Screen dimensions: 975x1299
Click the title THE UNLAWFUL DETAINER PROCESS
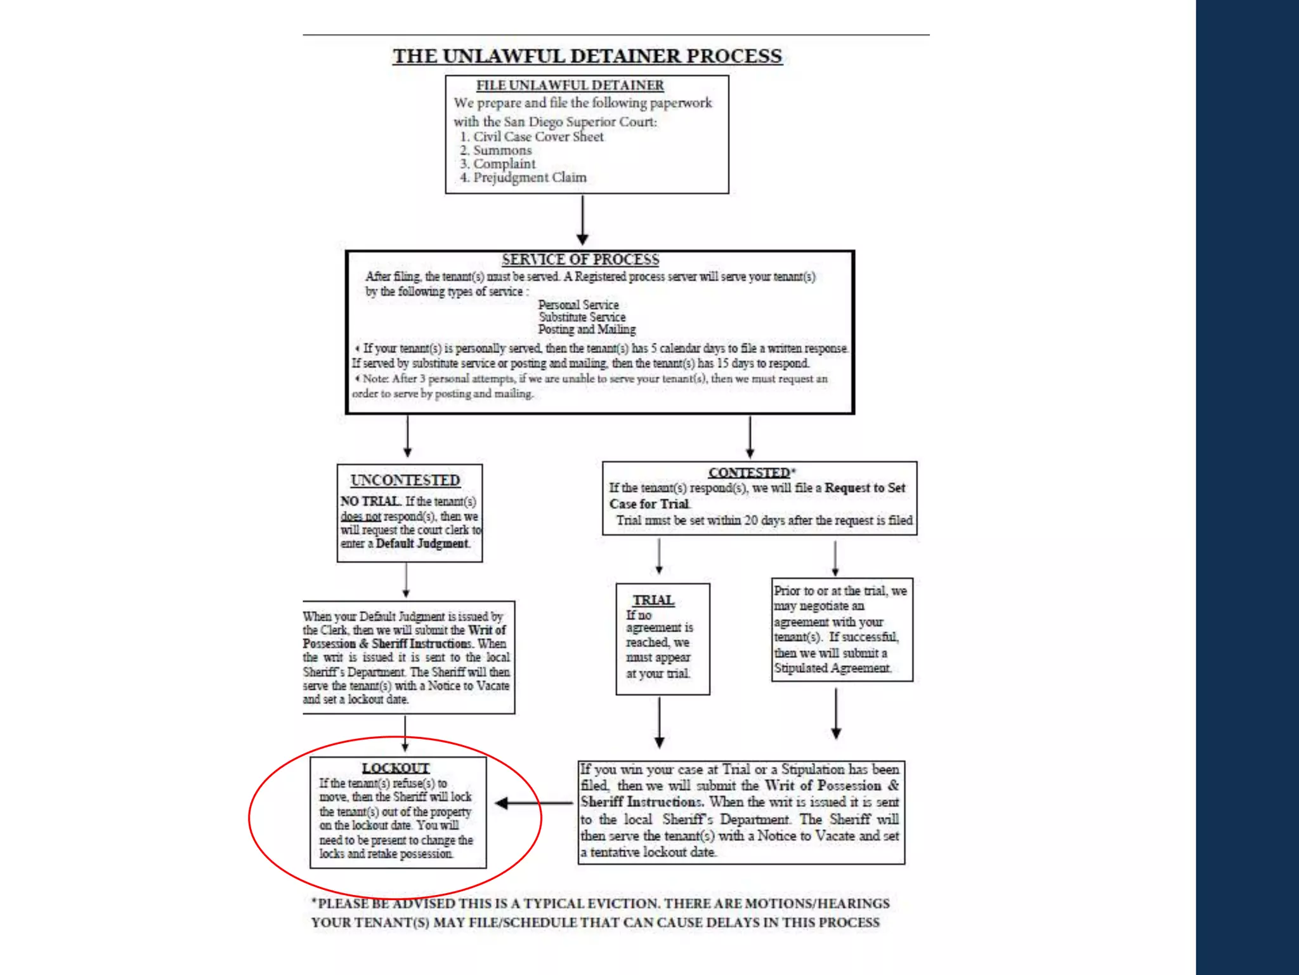[x=587, y=56]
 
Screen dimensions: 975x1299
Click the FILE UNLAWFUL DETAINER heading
[x=570, y=85]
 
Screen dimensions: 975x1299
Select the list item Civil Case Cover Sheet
[x=538, y=136]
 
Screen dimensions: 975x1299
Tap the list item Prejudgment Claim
[x=529, y=178]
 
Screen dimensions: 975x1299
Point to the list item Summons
[x=502, y=150]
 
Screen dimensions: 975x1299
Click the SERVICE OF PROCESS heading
[x=580, y=260]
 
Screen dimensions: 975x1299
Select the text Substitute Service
[x=582, y=317]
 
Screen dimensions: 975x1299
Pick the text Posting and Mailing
[x=587, y=329]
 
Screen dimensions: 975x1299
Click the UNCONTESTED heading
[x=405, y=481]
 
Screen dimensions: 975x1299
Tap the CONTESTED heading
[x=750, y=473]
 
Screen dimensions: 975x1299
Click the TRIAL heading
[x=653, y=600]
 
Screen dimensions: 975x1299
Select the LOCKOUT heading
[x=396, y=768]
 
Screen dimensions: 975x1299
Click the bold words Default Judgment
[x=422, y=543]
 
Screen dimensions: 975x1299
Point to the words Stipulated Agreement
[x=832, y=668]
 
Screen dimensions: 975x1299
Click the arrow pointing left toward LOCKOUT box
[x=533, y=803]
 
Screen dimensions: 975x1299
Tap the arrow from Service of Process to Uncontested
[x=407, y=437]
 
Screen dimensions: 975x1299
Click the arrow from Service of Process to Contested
[x=750, y=437]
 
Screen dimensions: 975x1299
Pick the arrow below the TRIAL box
[x=660, y=722]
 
